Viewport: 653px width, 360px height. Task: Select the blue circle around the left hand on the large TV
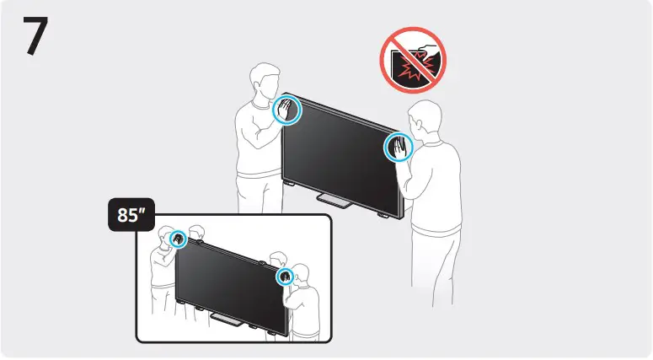coord(287,110)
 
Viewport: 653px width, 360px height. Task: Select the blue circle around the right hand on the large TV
coord(397,148)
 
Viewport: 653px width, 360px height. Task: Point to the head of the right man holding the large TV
coord(424,119)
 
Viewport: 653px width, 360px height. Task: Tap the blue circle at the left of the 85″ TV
coord(179,239)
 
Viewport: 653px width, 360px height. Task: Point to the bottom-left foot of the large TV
coord(289,180)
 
